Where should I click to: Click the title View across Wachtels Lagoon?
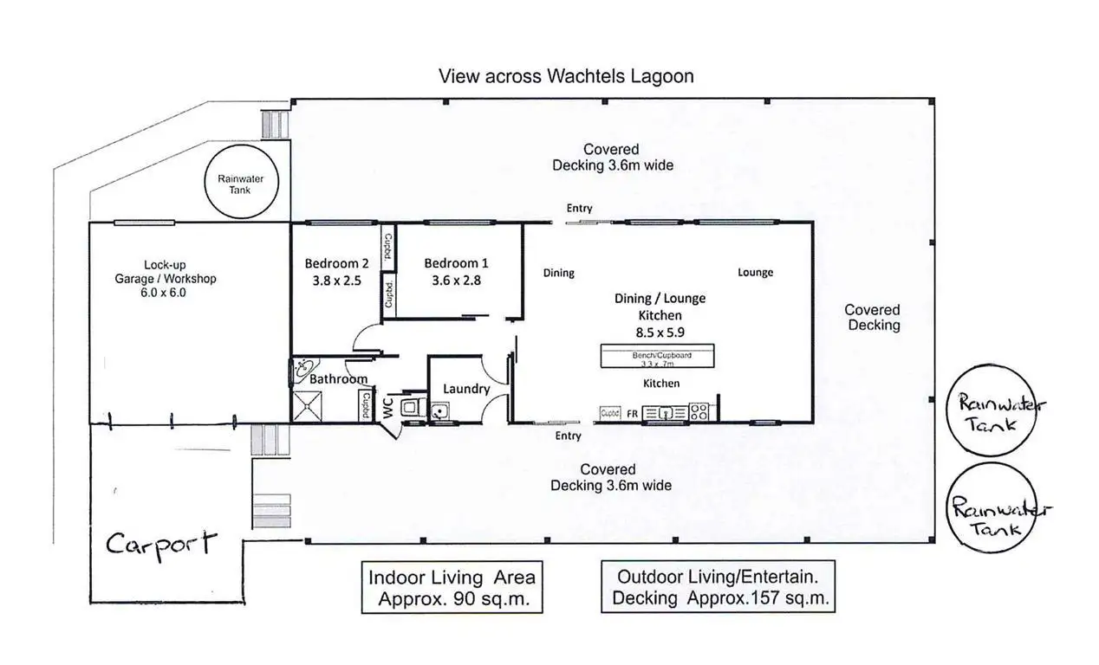coord(566,76)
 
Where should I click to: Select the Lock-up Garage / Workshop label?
coord(165,279)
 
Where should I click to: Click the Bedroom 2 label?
coord(337,263)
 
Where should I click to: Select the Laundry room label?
coord(466,389)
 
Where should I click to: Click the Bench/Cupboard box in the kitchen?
coord(658,356)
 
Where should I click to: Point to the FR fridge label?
coord(633,414)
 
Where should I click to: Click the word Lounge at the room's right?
coord(755,273)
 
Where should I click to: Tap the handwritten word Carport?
coord(160,545)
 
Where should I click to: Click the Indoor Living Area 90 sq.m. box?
coord(452,587)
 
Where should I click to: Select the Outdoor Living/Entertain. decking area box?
coord(719,587)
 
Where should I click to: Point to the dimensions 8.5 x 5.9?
coord(660,332)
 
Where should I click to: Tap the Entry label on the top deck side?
coord(579,208)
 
